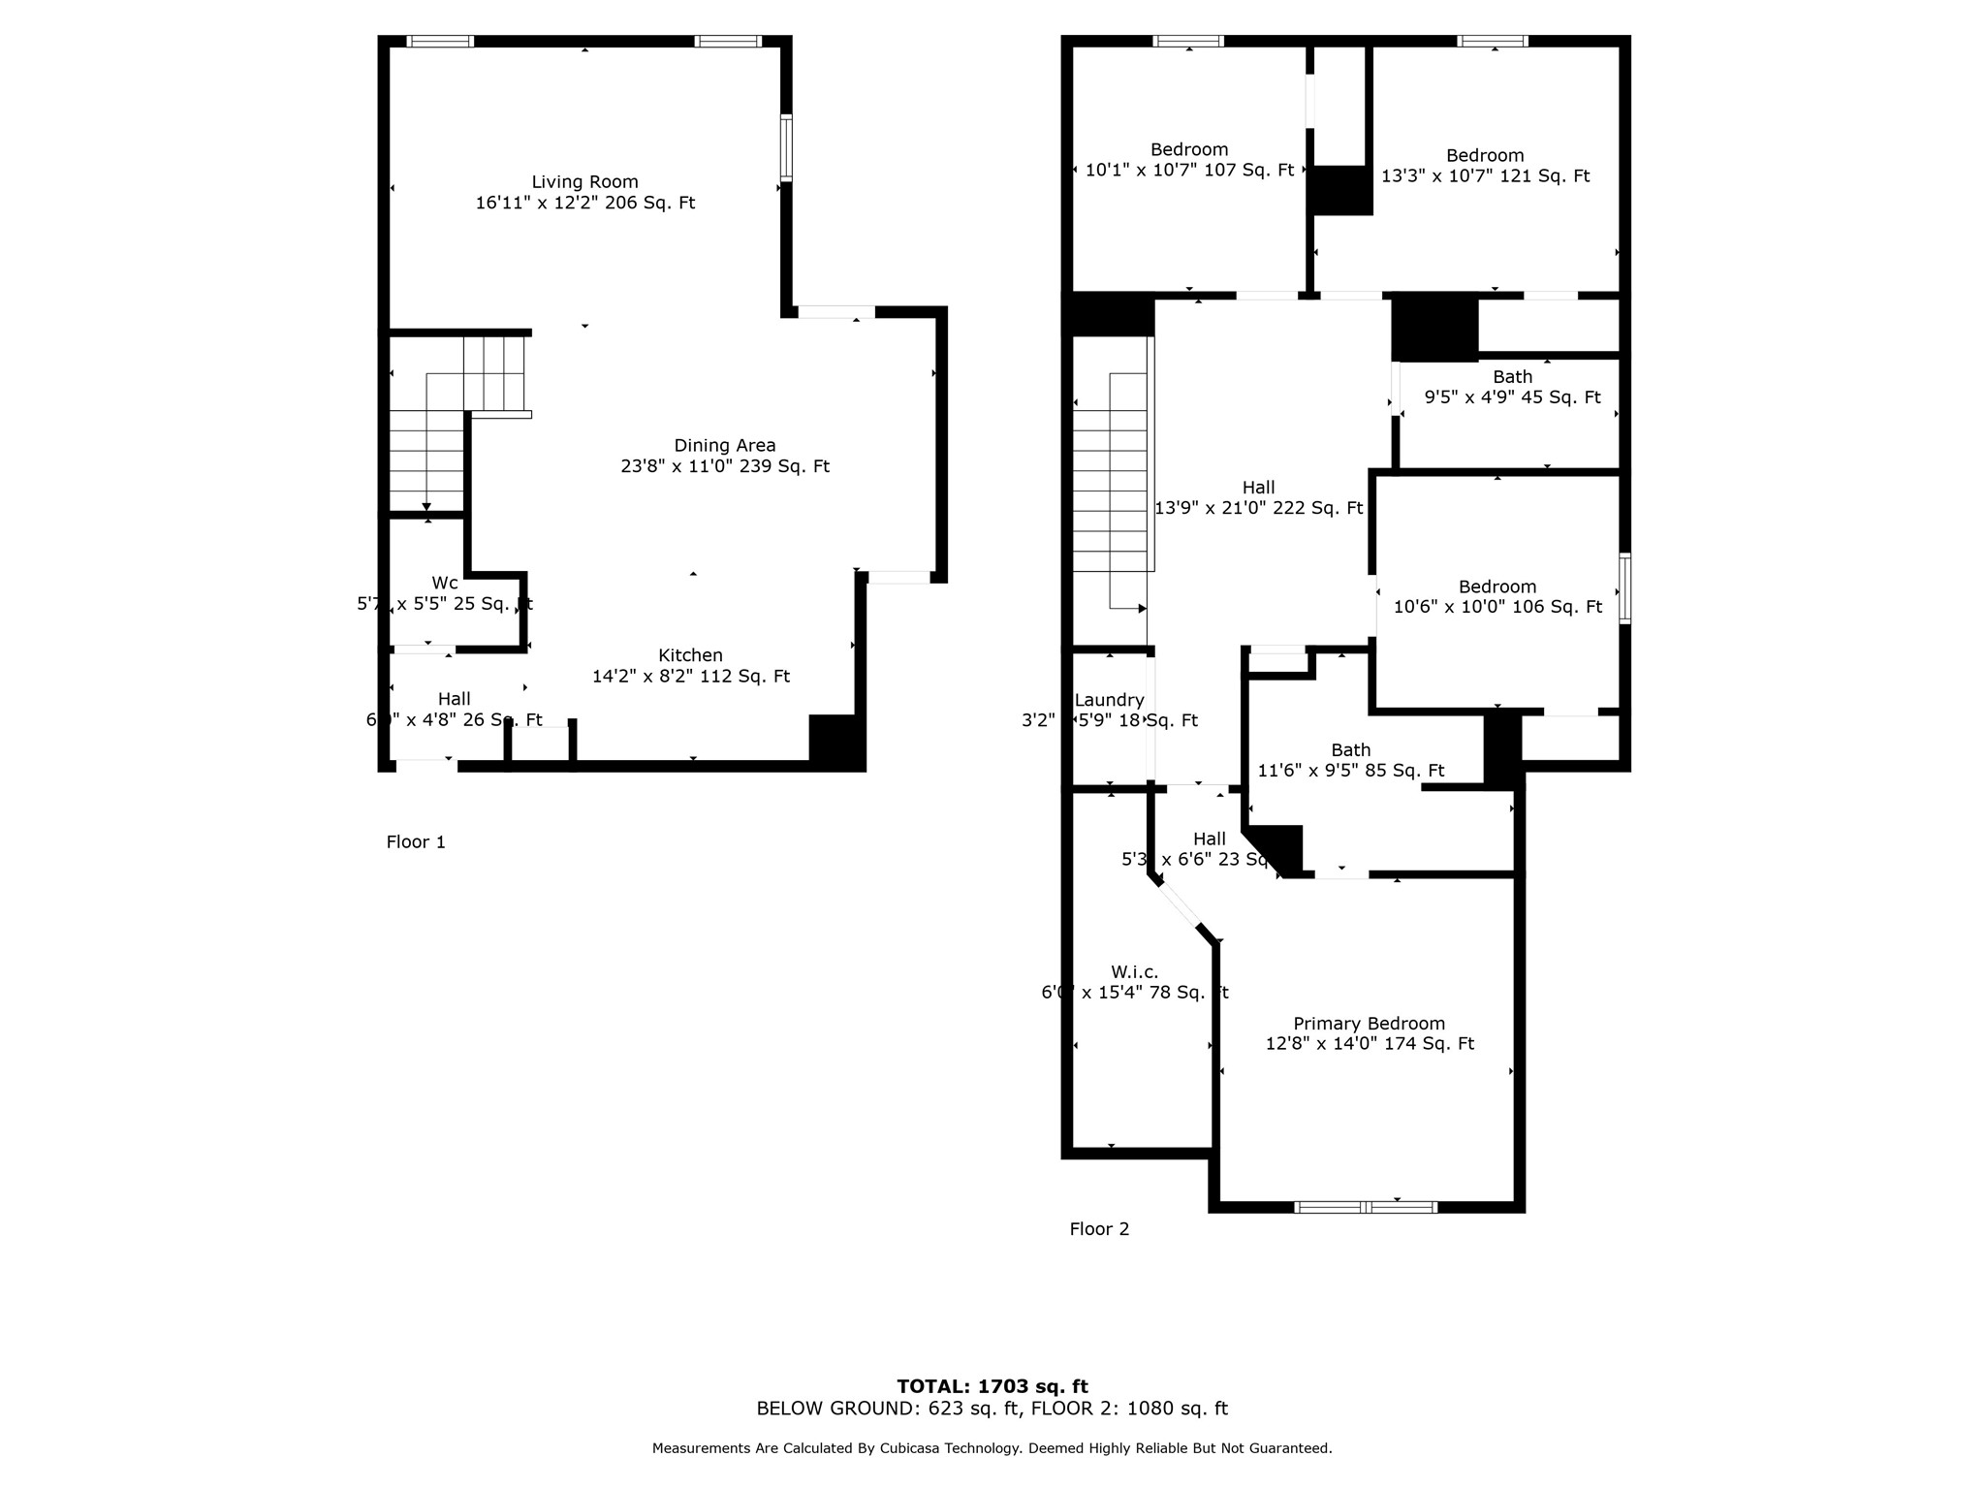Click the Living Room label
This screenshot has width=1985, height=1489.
(x=584, y=182)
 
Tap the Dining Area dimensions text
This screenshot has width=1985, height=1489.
(x=724, y=466)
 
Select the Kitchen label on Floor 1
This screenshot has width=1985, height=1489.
(x=690, y=655)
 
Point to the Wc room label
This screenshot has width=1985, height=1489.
(x=445, y=583)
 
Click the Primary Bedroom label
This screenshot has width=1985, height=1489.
(x=1369, y=1024)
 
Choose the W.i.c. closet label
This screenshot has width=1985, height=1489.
(x=1134, y=972)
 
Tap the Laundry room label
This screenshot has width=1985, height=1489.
(x=1110, y=700)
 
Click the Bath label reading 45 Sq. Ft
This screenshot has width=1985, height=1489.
(x=1512, y=377)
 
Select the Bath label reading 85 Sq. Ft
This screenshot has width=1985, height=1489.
(x=1350, y=750)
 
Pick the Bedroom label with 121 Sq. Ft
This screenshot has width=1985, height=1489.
(x=1485, y=156)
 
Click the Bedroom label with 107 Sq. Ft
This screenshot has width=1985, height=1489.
(x=1189, y=150)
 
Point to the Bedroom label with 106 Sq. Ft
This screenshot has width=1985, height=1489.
(x=1497, y=587)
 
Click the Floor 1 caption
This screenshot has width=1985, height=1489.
(x=416, y=842)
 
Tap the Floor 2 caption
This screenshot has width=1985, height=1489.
(x=1099, y=1229)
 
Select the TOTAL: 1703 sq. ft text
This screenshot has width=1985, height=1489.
(x=992, y=1386)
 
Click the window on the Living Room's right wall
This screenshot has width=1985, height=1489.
(x=786, y=147)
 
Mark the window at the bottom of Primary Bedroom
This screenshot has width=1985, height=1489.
(x=1366, y=1207)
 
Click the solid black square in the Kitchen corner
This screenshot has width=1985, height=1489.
(x=835, y=742)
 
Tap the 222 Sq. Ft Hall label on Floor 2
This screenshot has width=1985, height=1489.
(x=1258, y=488)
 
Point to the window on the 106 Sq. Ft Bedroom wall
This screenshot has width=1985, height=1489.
(x=1624, y=588)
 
